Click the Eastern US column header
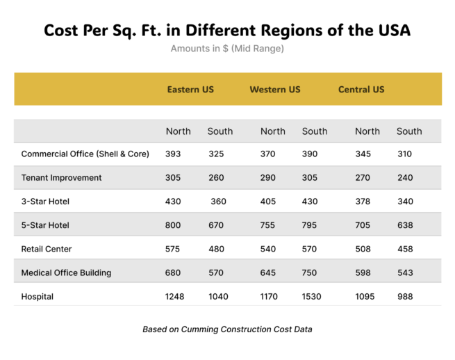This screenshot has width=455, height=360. tap(190, 90)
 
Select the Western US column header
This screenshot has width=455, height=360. tap(275, 90)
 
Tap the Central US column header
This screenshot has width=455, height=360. tap(361, 90)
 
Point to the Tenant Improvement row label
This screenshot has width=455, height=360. tap(62, 178)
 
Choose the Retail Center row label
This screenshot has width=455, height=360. tap(47, 249)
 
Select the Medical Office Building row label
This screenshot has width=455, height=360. tap(67, 273)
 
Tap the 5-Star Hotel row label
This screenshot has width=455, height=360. tap(46, 225)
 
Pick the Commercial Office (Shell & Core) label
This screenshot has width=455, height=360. tap(85, 154)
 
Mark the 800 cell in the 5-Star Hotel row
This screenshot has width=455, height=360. tap(174, 225)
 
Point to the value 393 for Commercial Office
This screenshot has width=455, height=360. tap(174, 154)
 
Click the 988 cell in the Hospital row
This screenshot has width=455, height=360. tap(405, 297)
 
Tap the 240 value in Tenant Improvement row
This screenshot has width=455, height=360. tap(405, 178)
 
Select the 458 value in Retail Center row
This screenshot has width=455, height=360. tap(405, 249)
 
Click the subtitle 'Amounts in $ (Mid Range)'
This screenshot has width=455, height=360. tap(227, 49)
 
